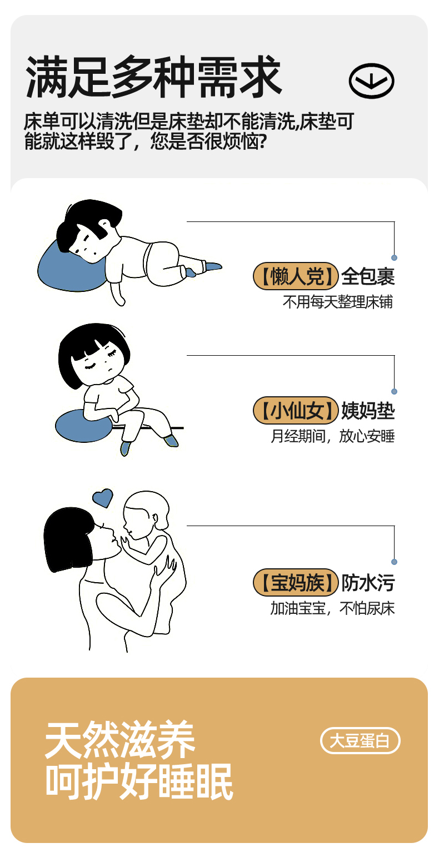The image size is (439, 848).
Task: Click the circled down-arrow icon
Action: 371,80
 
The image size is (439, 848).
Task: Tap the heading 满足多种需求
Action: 153,77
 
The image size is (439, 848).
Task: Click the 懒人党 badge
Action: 295,276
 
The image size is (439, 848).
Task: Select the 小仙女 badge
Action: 295,410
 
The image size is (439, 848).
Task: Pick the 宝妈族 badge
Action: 295,582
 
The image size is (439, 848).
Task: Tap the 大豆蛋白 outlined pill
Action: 360,740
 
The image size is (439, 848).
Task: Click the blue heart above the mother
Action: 103,497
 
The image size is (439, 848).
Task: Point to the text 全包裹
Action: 368,276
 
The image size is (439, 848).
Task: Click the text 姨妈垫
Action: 368,410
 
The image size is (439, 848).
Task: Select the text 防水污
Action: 368,582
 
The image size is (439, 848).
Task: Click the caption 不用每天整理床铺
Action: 337,302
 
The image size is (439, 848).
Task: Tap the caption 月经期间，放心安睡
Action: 332,436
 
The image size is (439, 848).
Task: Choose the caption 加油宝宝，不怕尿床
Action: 332,608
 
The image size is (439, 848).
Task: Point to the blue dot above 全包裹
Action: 394,258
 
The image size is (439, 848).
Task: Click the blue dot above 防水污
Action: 394,562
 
